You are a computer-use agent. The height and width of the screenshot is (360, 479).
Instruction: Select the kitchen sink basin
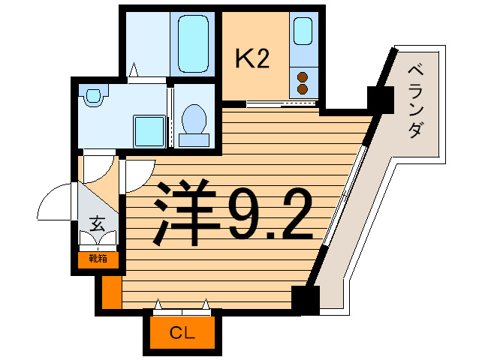[303, 31]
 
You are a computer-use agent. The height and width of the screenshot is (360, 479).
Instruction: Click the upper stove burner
[303, 76]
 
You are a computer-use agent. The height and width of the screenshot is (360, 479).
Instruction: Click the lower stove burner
[303, 89]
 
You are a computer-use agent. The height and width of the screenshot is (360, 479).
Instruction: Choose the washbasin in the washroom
[93, 97]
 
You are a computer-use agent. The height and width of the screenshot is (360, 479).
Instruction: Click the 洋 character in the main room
[183, 215]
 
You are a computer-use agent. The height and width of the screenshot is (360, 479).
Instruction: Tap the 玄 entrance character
[98, 223]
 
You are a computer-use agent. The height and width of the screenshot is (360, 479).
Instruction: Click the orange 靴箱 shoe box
[98, 259]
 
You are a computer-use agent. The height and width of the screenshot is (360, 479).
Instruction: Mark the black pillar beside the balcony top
[381, 98]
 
